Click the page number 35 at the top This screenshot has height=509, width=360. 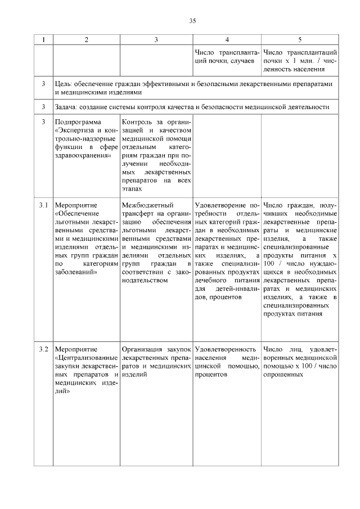pos(192,21)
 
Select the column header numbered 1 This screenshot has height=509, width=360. pos(43,39)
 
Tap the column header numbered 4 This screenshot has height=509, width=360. pos(227,39)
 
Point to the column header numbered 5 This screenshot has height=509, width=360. pos(300,39)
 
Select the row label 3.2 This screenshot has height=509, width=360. pos(43,349)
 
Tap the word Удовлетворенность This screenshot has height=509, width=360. pos(225,349)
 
